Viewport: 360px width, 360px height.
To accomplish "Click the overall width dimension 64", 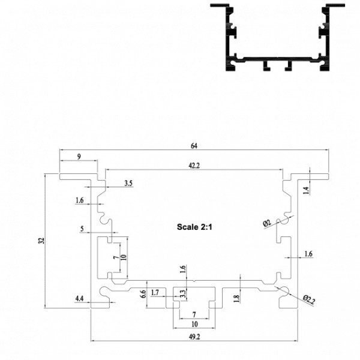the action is pyautogui.click(x=194, y=146).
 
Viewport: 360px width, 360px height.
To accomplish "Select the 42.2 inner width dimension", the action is pyautogui.click(x=194, y=166).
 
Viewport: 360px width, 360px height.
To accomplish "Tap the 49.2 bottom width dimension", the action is pyautogui.click(x=194, y=337).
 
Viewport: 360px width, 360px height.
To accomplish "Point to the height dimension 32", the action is pyautogui.click(x=41, y=241).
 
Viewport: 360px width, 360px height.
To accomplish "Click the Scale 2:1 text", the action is pyautogui.click(x=194, y=227).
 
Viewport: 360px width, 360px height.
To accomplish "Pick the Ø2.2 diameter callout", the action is pyautogui.click(x=309, y=300).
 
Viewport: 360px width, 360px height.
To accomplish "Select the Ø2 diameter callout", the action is pyautogui.click(x=267, y=223).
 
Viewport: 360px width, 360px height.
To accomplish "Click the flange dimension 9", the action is pyautogui.click(x=79, y=157).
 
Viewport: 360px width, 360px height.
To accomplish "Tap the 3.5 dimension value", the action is pyautogui.click(x=128, y=183).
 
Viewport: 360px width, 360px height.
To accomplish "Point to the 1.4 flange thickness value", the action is pyautogui.click(x=307, y=190).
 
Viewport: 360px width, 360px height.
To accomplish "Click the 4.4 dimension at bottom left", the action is pyautogui.click(x=79, y=299).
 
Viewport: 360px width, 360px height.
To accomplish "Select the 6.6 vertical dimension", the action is pyautogui.click(x=143, y=294).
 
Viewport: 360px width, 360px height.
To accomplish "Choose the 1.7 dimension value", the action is pyautogui.click(x=155, y=293).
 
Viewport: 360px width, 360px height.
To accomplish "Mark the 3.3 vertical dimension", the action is pyautogui.click(x=182, y=293).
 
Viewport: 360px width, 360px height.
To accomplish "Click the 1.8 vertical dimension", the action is pyautogui.click(x=237, y=298).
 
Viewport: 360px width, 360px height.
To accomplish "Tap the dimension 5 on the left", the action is pyautogui.click(x=82, y=229).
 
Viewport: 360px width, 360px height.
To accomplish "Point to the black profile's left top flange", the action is pyautogui.click(x=220, y=5).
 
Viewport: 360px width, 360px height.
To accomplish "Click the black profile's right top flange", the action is pyautogui.click(x=335, y=5).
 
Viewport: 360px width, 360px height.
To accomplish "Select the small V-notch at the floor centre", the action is pyautogui.click(x=194, y=281).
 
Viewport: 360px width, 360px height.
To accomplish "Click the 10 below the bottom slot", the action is pyautogui.click(x=194, y=324).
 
